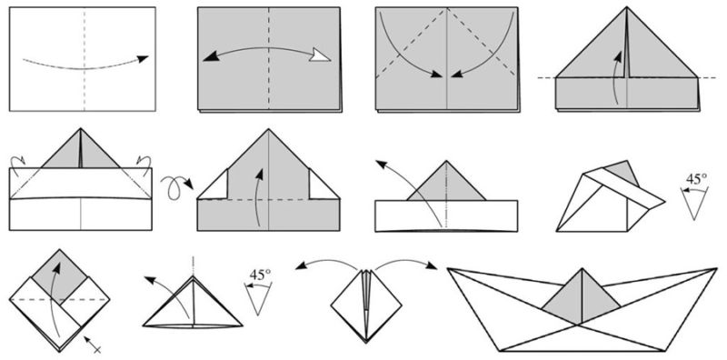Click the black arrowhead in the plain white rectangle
(x=144, y=58)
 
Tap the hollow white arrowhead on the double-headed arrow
(x=321, y=55)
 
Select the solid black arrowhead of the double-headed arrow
(x=210, y=56)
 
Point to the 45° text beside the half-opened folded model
(x=696, y=179)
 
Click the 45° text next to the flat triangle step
(x=260, y=275)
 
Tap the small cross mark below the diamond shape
(x=94, y=345)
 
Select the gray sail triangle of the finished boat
(x=582, y=297)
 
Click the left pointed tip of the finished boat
(x=448, y=268)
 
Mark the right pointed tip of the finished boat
(x=716, y=268)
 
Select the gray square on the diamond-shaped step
(x=59, y=275)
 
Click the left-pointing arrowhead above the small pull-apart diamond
(x=302, y=266)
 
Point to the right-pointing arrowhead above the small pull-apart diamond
(x=431, y=266)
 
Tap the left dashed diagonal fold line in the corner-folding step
(x=412, y=43)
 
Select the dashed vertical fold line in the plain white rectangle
(x=84, y=59)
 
